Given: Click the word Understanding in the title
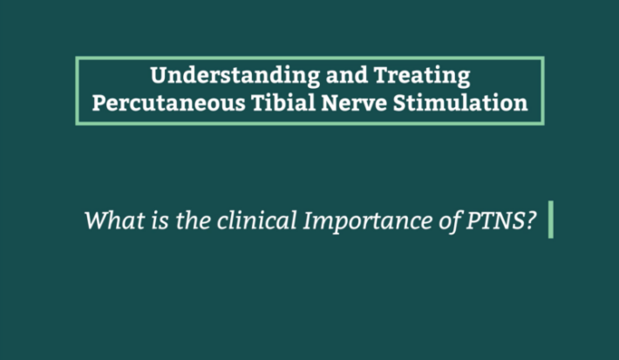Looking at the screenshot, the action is [235, 75].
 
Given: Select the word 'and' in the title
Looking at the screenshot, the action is [347, 75].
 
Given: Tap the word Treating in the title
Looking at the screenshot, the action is [422, 75].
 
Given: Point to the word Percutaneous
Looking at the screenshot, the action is [168, 103].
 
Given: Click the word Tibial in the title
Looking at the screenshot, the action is [283, 102].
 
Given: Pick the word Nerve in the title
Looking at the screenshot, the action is [354, 103].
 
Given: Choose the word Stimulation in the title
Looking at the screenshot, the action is [460, 102].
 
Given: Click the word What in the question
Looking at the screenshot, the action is [114, 220].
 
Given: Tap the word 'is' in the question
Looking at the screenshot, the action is [160, 221].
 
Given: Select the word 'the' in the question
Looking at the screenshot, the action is [193, 220].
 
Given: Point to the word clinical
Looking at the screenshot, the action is [257, 220].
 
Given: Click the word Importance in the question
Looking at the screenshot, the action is [368, 221].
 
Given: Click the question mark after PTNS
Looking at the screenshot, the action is [531, 221].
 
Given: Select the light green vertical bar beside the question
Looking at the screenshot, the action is [551, 220].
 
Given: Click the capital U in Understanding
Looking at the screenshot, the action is [160, 75].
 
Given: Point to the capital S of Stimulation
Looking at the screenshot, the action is [401, 103].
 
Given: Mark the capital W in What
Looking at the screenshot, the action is [98, 220].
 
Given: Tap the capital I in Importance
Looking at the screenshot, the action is [309, 221].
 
